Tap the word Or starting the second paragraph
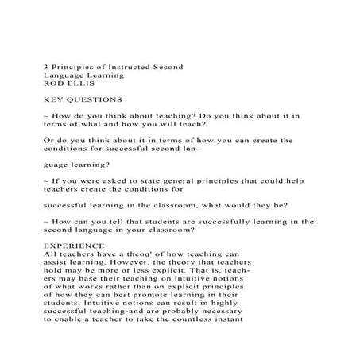coord(48,140)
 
